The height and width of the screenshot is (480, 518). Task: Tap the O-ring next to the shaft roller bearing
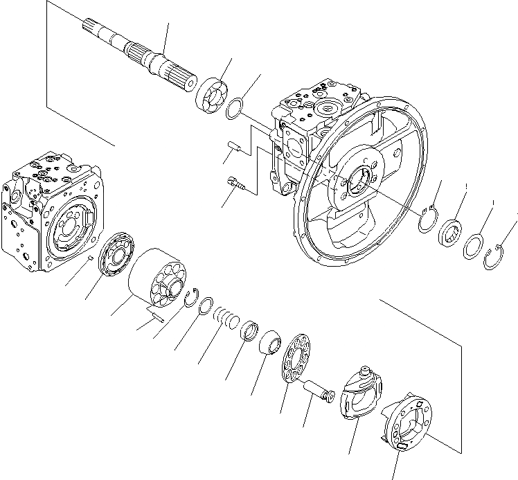235,108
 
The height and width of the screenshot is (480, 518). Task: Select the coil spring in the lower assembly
226,318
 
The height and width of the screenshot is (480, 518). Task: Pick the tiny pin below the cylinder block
158,318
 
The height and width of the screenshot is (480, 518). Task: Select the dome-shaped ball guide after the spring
269,343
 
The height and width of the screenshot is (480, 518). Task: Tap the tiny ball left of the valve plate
91,258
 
